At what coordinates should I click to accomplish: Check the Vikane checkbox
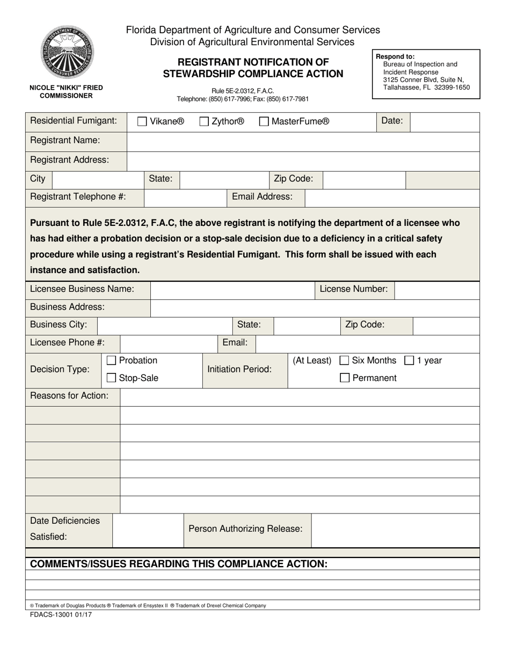pos(142,122)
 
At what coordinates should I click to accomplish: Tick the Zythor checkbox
pos(204,122)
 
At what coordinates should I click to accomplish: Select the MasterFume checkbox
pos(264,122)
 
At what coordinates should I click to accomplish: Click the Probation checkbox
pos(112,361)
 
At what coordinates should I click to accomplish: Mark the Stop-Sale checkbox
pos(112,378)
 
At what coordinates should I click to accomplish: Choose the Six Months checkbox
pos(345,361)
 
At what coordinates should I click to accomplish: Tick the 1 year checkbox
pos(409,361)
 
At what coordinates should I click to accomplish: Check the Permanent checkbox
pos(345,378)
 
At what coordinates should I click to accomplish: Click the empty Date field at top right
pos(445,122)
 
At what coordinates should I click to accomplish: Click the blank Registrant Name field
pos(303,142)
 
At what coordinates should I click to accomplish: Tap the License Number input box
pos(436,290)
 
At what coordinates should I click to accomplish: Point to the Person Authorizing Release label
pos(245,529)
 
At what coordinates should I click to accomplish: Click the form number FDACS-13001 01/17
pos(61,615)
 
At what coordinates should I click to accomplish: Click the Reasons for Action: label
pos(69,396)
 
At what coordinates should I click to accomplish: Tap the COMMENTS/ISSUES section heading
pos(179,564)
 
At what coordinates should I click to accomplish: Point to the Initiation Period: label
pos(239,370)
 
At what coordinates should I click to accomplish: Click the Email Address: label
pos(262,197)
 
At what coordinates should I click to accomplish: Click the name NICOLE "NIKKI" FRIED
pos(66,87)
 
